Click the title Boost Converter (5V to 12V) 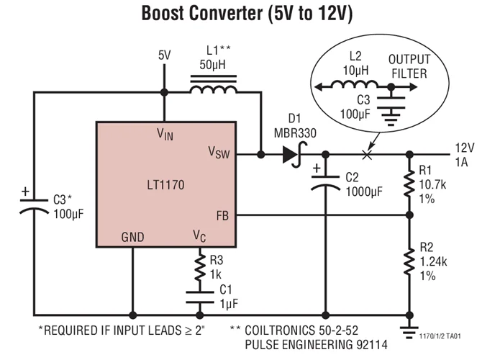pyautogui.click(x=250, y=14)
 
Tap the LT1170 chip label pyautogui.click(x=164, y=185)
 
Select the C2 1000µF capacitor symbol pyautogui.click(x=324, y=182)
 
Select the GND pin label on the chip pyautogui.click(x=132, y=235)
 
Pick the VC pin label pyautogui.click(x=199, y=235)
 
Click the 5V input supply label pyautogui.click(x=165, y=55)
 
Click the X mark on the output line pyautogui.click(x=367, y=154)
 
